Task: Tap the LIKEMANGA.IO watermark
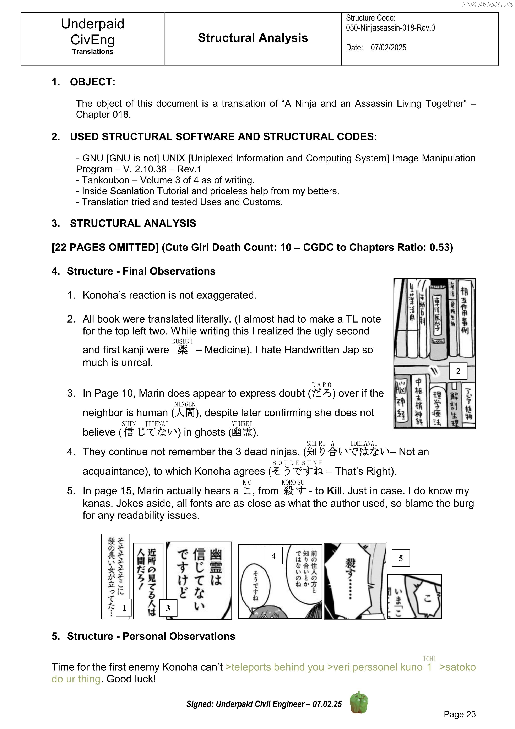[487, 4]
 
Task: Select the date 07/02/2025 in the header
[388, 48]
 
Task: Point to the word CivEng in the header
[92, 40]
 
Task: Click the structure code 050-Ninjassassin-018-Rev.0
[390, 28]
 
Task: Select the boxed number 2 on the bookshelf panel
[458, 371]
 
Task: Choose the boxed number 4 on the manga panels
[273, 556]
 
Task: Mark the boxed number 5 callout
[400, 558]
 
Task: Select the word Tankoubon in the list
[106, 180]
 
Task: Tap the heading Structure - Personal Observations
[151, 636]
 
